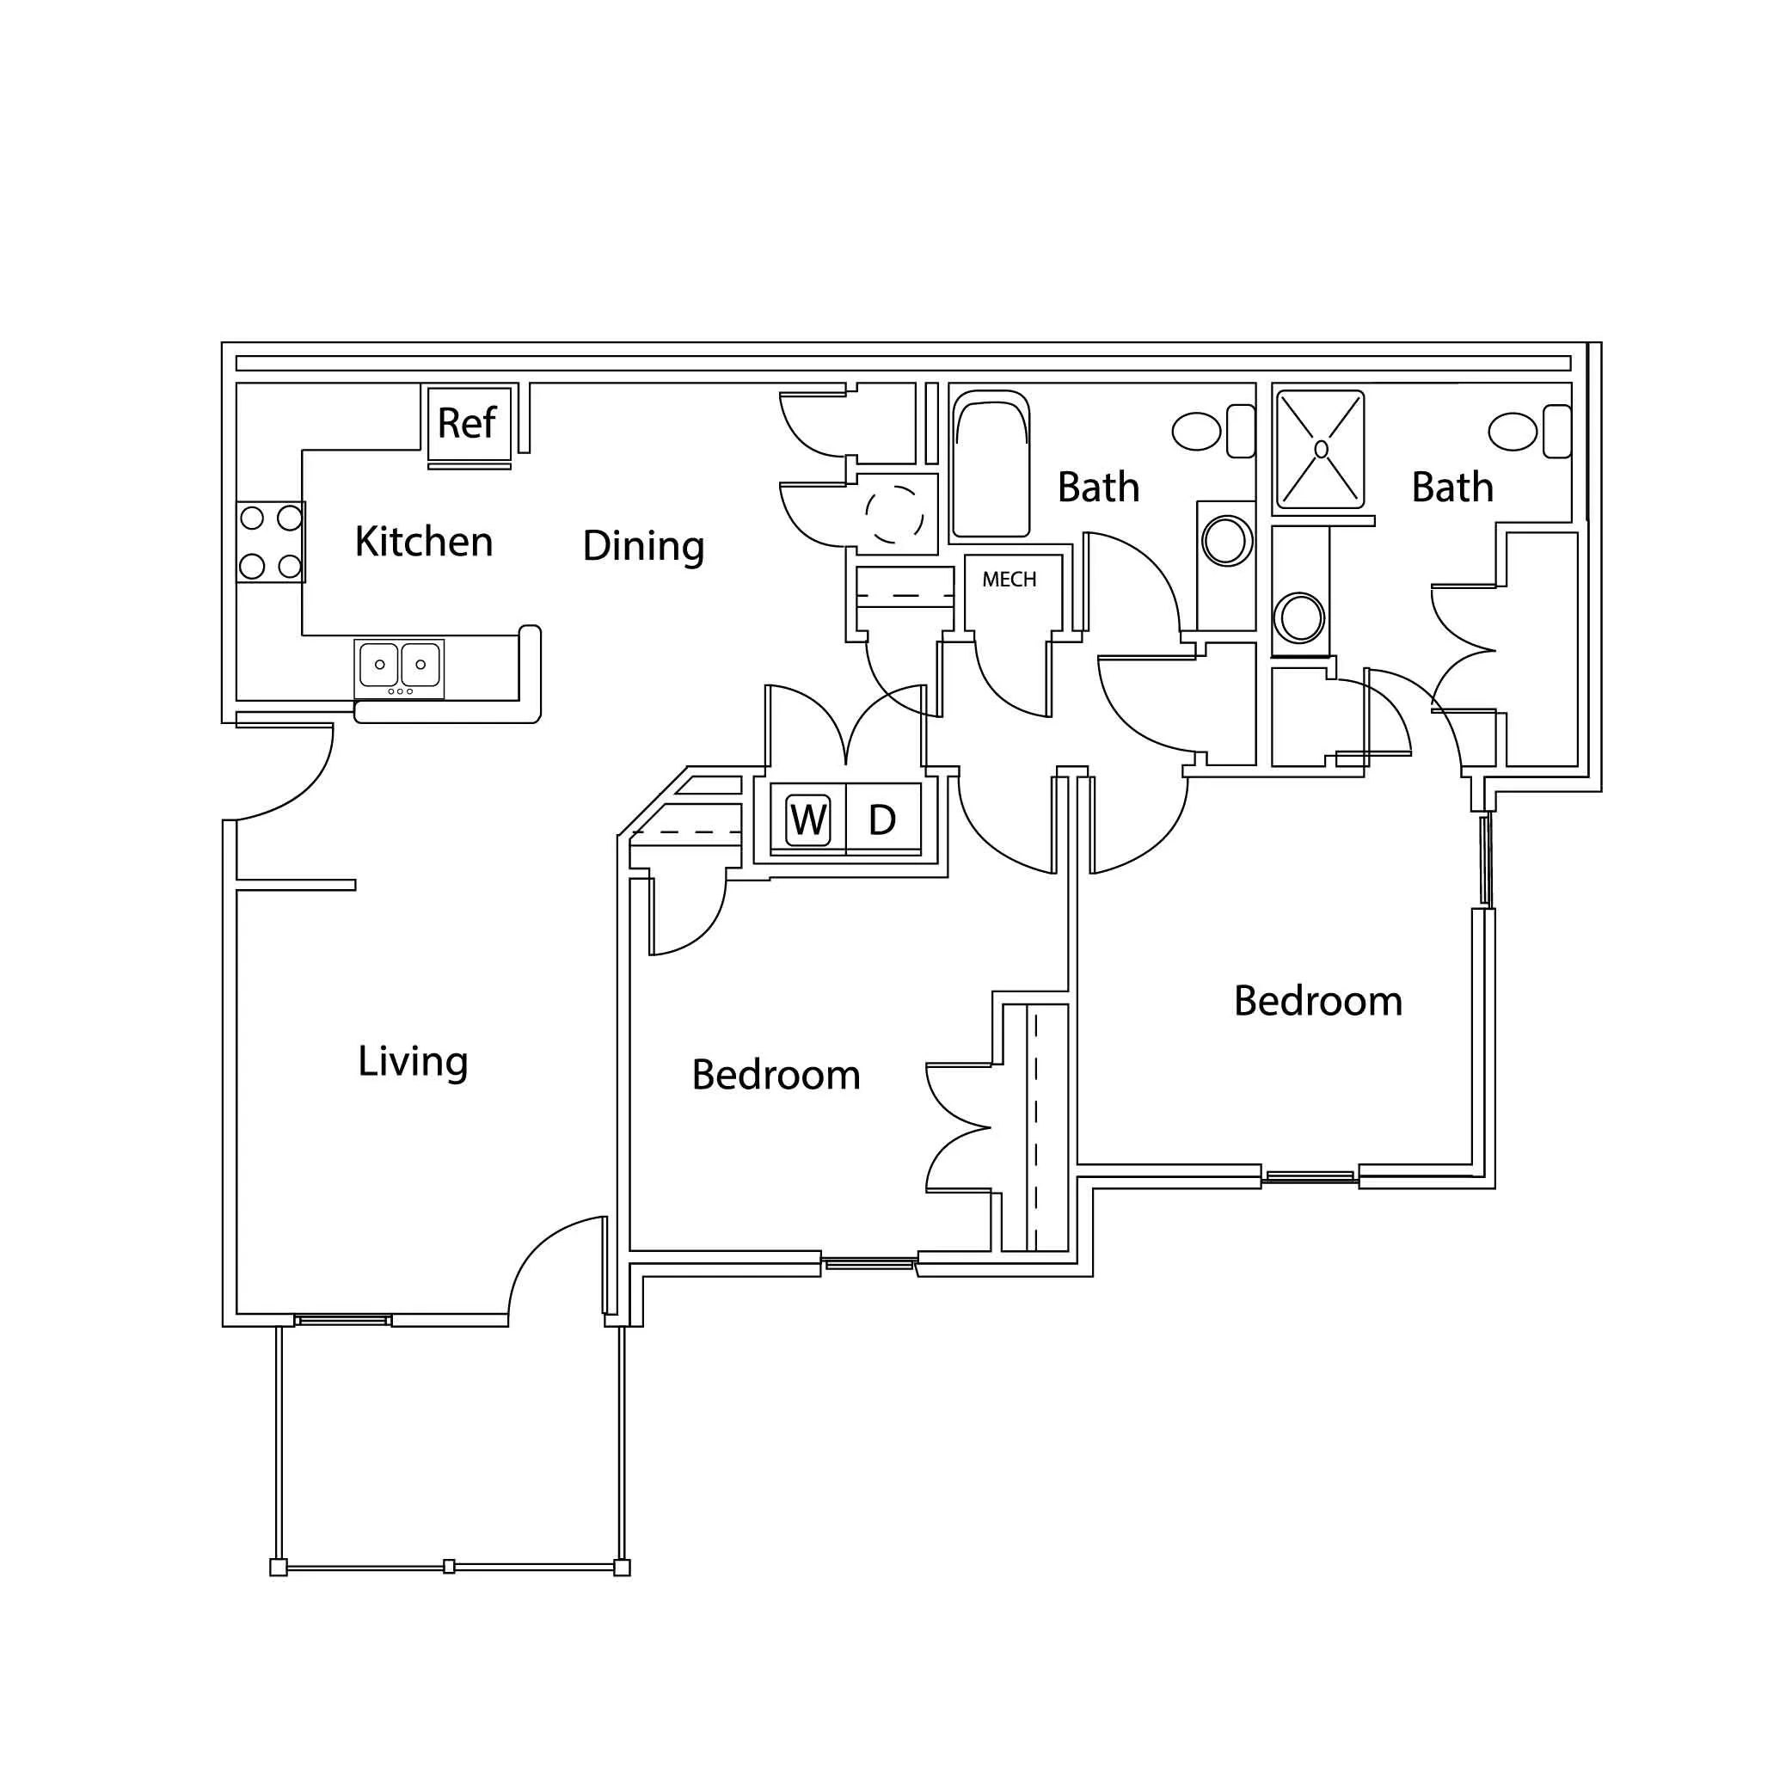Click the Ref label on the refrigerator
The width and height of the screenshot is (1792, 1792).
point(467,423)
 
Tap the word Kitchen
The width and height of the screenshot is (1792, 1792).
point(424,541)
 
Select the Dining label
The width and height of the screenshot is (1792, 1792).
point(644,546)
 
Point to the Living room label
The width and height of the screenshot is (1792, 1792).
point(413,1062)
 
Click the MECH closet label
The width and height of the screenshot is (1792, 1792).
point(1010,580)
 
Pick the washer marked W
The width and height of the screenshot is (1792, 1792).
point(808,820)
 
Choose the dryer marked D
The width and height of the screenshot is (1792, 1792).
point(883,820)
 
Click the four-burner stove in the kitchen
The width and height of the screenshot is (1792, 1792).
point(271,542)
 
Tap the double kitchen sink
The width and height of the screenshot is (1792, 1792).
point(399,669)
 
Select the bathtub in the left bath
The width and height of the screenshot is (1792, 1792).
point(991,463)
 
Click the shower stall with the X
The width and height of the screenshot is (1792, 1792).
point(1321,450)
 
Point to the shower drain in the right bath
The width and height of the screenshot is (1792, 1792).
point(1321,450)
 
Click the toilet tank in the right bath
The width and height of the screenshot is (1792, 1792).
point(1557,432)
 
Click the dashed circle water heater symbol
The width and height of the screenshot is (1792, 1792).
point(895,515)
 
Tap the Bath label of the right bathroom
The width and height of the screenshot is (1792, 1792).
point(1452,488)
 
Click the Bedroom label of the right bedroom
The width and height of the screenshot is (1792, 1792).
point(1318,1002)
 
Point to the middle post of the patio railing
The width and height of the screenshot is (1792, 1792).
point(449,1567)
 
